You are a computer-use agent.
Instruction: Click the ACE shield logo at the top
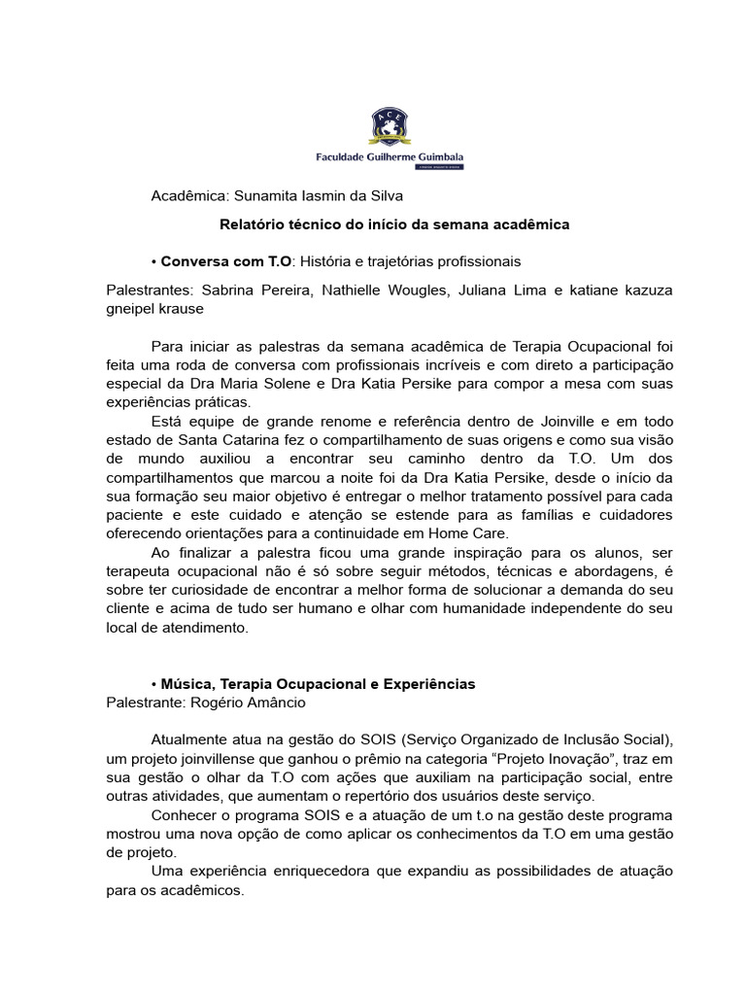(x=389, y=127)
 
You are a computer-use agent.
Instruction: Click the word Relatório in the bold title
(x=252, y=224)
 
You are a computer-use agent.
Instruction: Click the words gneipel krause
(x=154, y=308)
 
